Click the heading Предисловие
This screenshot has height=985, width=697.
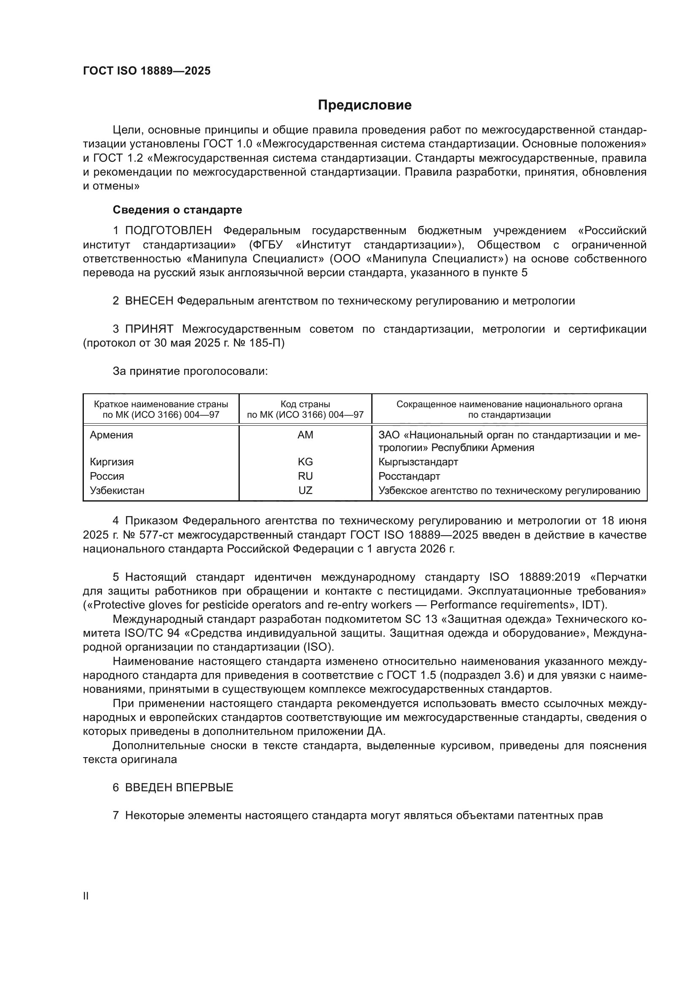pyautogui.click(x=365, y=105)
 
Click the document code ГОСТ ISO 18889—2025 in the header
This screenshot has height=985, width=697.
pyautogui.click(x=147, y=71)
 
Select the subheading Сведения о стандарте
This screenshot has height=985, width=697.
pyautogui.click(x=177, y=210)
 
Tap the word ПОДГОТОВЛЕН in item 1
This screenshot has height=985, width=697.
pyautogui.click(x=168, y=231)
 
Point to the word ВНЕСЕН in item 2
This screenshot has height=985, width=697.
pyautogui.click(x=149, y=301)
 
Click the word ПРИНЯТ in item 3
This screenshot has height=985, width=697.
pyautogui.click(x=149, y=329)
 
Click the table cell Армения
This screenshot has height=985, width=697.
pyautogui.click(x=112, y=435)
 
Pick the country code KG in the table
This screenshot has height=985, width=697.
pyautogui.click(x=305, y=462)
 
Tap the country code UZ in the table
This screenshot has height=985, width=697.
pyautogui.click(x=305, y=490)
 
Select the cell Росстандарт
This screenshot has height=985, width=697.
pyautogui.click(x=409, y=476)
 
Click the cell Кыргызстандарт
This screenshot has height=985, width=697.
pyautogui.click(x=418, y=462)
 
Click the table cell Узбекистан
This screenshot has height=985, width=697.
pyautogui.click(x=117, y=490)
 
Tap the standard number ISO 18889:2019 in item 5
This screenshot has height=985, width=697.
pyautogui.click(x=534, y=577)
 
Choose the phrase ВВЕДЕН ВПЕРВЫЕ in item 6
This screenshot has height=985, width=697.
pyautogui.click(x=179, y=787)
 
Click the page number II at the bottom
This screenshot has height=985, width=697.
pyautogui.click(x=86, y=896)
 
